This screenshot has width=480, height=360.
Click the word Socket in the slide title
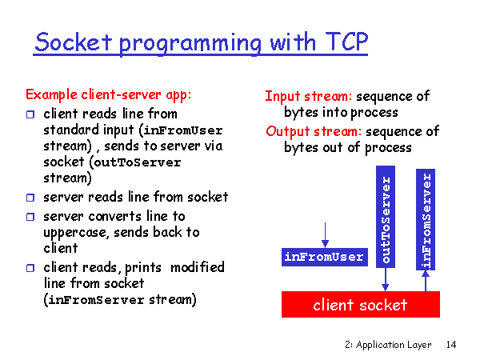(74, 41)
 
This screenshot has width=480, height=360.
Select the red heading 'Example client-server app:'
(109, 94)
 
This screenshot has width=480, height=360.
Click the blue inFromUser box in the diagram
(324, 257)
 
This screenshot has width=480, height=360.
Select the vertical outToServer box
(386, 218)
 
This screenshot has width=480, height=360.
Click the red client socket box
(361, 304)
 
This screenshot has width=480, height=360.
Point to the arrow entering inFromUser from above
(325, 234)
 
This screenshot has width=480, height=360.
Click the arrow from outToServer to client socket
(386, 279)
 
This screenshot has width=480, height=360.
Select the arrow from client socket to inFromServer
(426, 281)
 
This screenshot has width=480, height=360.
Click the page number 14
(450, 345)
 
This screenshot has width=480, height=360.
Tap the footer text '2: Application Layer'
(388, 345)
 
